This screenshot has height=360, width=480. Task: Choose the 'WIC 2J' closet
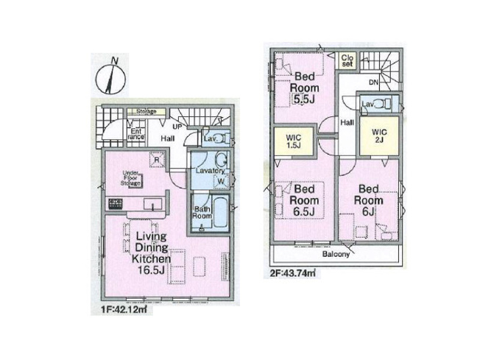pyautogui.click(x=380, y=136)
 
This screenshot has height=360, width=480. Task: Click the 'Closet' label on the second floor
pyautogui.click(x=347, y=61)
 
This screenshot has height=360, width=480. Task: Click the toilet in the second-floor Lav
pyautogui.click(x=377, y=105)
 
